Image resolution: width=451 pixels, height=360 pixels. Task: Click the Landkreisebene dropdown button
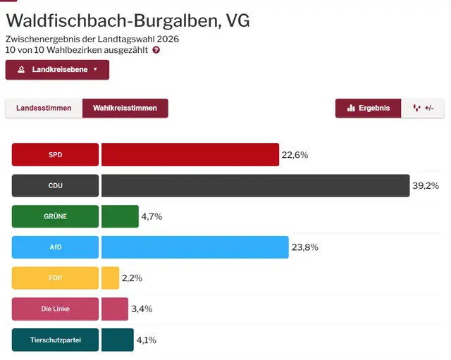coord(57,70)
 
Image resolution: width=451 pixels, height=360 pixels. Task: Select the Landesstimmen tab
coord(44,108)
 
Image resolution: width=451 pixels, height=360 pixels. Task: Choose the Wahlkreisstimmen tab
coord(125,108)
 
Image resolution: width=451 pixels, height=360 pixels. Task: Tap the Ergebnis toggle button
coord(368,108)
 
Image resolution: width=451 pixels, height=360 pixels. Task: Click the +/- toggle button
coord(424,108)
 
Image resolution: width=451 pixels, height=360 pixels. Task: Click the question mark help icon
coord(156,50)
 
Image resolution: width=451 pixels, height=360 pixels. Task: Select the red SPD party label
coord(55,155)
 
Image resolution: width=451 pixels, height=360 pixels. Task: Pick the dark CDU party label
coord(55,186)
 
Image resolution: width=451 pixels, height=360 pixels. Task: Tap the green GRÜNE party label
coord(55,216)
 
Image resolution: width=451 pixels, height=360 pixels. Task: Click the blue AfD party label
coord(55,247)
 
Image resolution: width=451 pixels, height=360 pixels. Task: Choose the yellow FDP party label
coord(55,278)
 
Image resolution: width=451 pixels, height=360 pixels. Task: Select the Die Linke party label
coord(55,309)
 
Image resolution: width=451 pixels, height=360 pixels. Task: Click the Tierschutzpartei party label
coord(55,340)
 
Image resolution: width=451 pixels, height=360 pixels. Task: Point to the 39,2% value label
coord(426,186)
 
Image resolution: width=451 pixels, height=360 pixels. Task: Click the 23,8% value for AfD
coord(304,247)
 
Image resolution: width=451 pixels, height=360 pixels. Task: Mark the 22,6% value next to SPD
coord(295,155)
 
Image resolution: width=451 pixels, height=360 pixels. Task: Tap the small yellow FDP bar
coord(110,278)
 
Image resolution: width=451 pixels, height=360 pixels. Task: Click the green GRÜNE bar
coord(120,216)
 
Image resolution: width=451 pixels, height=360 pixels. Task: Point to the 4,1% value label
coord(147,340)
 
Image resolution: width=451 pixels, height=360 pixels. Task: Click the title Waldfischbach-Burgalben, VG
coord(128,20)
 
